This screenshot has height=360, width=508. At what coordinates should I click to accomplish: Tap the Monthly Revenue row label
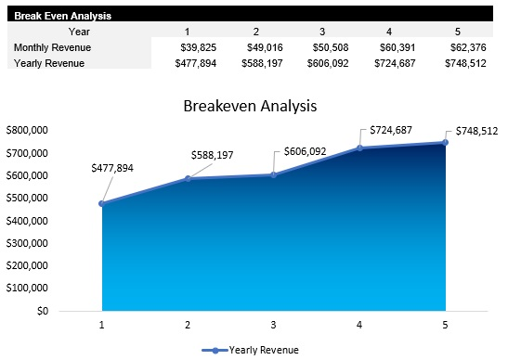click(x=52, y=47)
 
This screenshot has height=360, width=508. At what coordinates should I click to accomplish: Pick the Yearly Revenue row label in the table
click(x=49, y=63)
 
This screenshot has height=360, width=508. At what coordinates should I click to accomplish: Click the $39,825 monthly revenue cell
click(x=195, y=47)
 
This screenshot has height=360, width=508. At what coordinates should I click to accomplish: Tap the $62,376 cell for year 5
click(x=472, y=47)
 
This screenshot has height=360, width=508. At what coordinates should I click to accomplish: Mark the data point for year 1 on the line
click(x=101, y=203)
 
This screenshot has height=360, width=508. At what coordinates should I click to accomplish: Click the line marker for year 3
click(x=274, y=174)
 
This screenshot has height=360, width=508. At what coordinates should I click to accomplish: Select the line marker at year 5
click(x=446, y=142)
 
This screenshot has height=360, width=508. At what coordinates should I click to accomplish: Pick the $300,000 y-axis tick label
click(x=28, y=243)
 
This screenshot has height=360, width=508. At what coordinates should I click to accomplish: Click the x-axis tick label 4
click(x=359, y=325)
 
